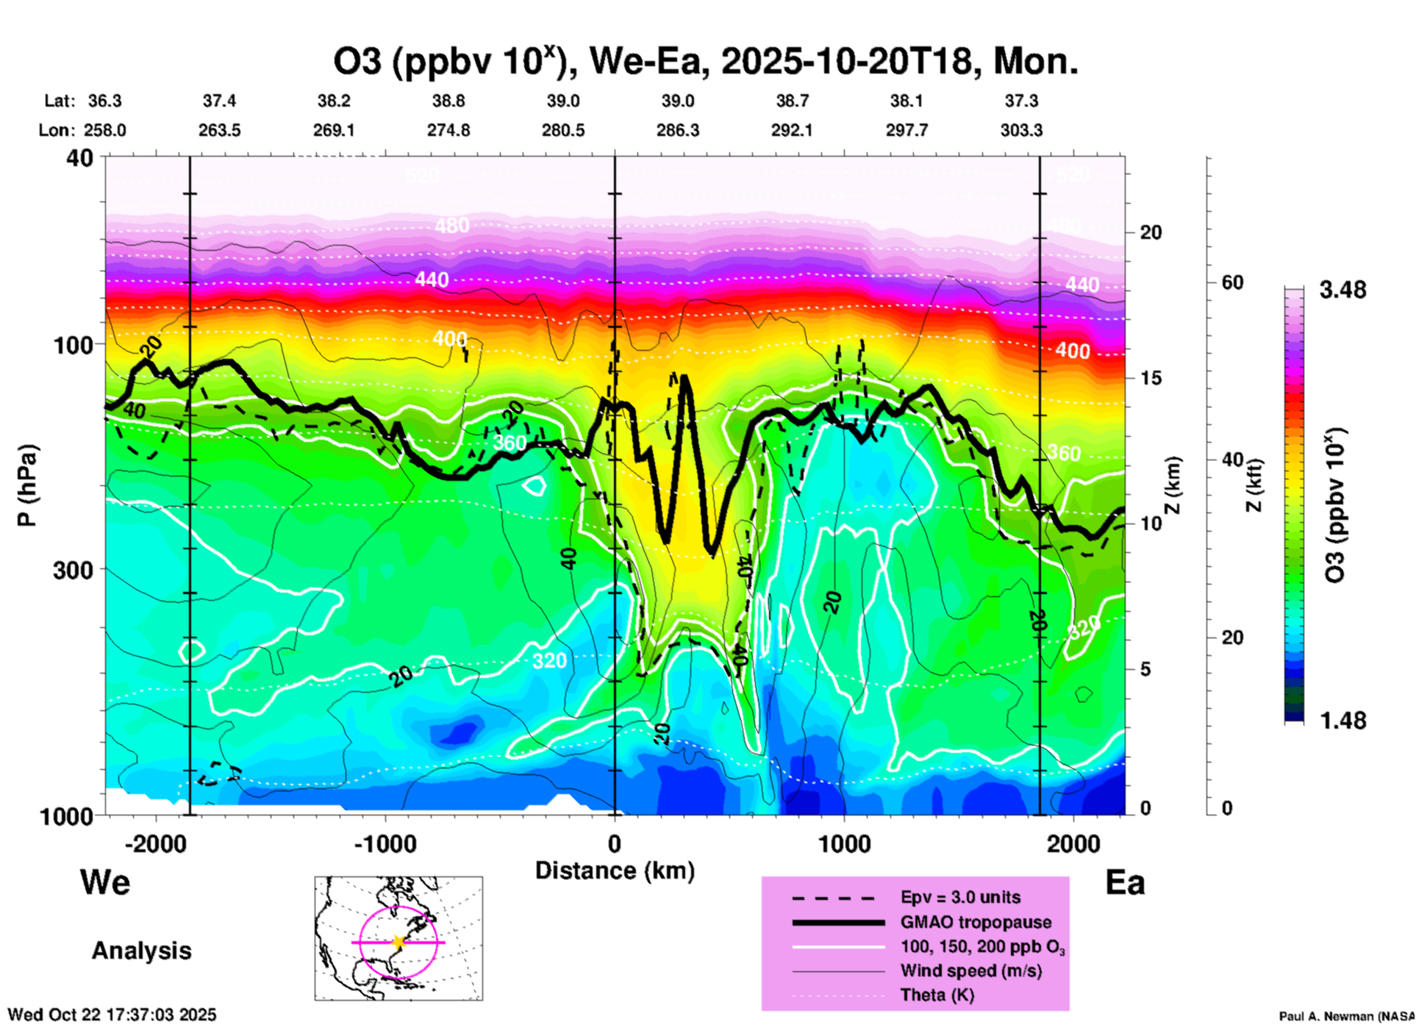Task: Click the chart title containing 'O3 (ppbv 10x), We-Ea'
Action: point(706,62)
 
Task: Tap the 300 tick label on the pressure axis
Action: point(74,569)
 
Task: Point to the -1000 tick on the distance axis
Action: point(385,844)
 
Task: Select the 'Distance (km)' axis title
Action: point(615,871)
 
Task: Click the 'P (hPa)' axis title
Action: point(27,485)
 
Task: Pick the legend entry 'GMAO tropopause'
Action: point(976,922)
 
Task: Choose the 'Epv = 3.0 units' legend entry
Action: point(960,898)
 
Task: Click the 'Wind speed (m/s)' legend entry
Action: point(970,971)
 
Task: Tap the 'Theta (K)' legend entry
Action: point(937,996)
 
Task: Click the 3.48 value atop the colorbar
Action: point(1342,290)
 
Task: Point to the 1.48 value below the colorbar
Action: point(1342,721)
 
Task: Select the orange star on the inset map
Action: point(398,942)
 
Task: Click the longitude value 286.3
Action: point(678,130)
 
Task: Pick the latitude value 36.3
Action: point(104,101)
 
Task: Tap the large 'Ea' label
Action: point(1125,883)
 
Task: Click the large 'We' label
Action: point(105,882)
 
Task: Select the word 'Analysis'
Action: point(141,951)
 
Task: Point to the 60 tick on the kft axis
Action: point(1232,282)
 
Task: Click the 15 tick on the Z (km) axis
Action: point(1151,378)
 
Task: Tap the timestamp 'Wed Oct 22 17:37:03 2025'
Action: point(112,1015)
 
